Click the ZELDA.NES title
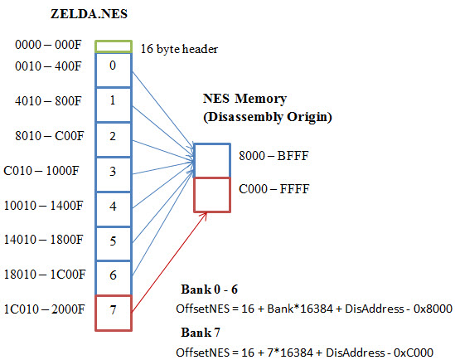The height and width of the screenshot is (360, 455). [89, 14]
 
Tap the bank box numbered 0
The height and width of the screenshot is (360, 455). [114, 70]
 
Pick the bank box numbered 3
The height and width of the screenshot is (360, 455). [114, 174]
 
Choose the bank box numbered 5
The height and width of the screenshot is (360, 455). [114, 244]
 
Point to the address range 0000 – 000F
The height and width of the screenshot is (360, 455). [48, 45]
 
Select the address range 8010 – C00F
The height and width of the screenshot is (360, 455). [50, 135]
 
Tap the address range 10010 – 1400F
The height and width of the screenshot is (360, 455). [44, 206]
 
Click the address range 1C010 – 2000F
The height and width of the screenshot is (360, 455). [45, 309]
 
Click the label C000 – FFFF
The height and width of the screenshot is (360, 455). [274, 189]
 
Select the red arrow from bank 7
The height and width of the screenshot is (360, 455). [169, 262]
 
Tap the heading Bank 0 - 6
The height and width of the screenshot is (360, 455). [209, 289]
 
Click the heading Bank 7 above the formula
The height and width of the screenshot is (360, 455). [201, 333]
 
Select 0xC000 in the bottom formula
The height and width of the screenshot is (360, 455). [414, 353]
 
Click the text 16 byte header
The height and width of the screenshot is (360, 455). [179, 49]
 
